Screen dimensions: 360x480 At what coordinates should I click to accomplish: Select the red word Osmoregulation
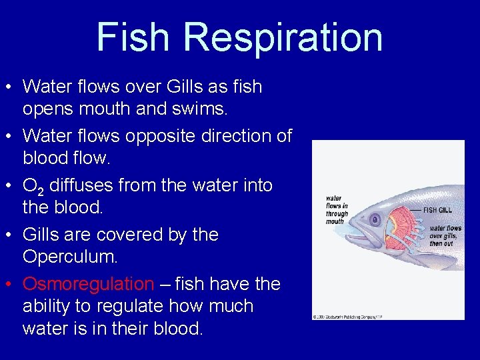88,284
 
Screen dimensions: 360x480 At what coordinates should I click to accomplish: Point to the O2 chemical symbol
33,186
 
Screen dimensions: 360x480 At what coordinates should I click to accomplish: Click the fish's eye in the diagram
374,218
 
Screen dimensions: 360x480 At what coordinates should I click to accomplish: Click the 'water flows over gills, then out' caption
444,235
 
